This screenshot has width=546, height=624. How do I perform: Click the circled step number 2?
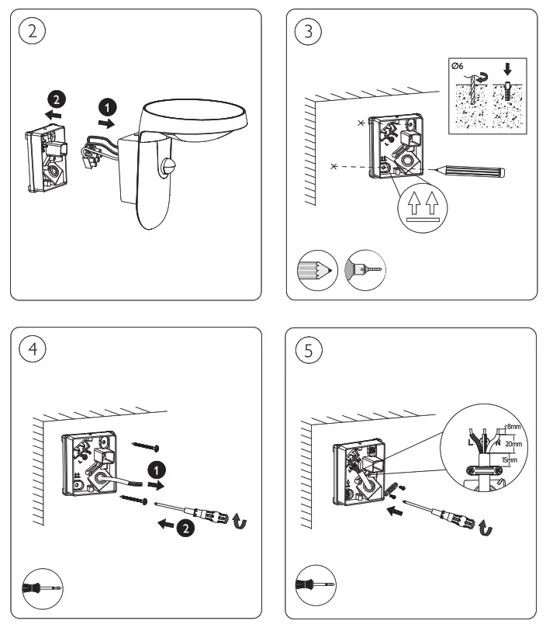pyautogui.click(x=32, y=32)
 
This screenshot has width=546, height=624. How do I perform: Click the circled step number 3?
pyautogui.click(x=309, y=32)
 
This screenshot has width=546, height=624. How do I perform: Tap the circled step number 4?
pyautogui.click(x=32, y=348)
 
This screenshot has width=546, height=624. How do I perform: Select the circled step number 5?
pyautogui.click(x=309, y=349)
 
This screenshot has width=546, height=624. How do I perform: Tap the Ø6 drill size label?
pyautogui.click(x=458, y=68)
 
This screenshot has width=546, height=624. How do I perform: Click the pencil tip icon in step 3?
pyautogui.click(x=318, y=271)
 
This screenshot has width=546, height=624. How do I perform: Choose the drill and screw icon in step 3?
pyautogui.click(x=366, y=271)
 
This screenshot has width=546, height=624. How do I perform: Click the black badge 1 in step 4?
pyautogui.click(x=157, y=469)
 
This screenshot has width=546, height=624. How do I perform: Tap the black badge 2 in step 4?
pyautogui.click(x=185, y=529)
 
